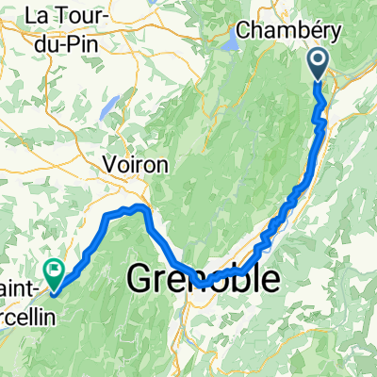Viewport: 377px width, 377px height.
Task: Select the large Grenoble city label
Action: [203, 279]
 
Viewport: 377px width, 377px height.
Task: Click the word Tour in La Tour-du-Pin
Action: [73, 16]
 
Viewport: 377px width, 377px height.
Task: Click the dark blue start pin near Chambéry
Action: [319, 64]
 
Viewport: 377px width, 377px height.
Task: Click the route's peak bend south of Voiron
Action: [139, 206]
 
